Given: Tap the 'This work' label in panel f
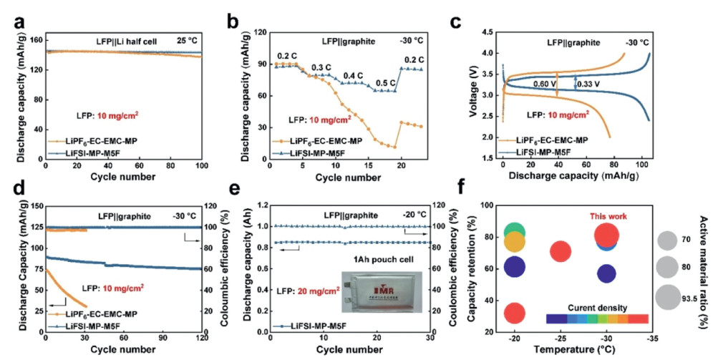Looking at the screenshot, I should point(608,215).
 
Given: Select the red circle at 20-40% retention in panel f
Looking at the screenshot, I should point(515,313).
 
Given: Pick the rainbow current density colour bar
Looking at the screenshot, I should point(597,318).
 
